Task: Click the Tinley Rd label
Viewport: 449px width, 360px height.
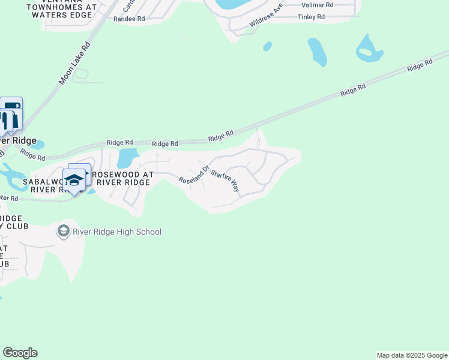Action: pos(311,17)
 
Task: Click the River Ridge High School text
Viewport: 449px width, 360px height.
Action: pos(117,232)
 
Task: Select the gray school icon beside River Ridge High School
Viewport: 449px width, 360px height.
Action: pos(63,231)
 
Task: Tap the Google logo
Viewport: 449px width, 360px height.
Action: pos(20,353)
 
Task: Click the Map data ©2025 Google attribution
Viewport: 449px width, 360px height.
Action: pos(412,355)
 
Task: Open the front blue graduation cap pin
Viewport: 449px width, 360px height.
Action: pos(74,181)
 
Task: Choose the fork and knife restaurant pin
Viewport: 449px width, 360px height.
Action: pos(6,120)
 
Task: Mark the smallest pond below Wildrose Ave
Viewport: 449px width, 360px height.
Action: pos(267,46)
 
